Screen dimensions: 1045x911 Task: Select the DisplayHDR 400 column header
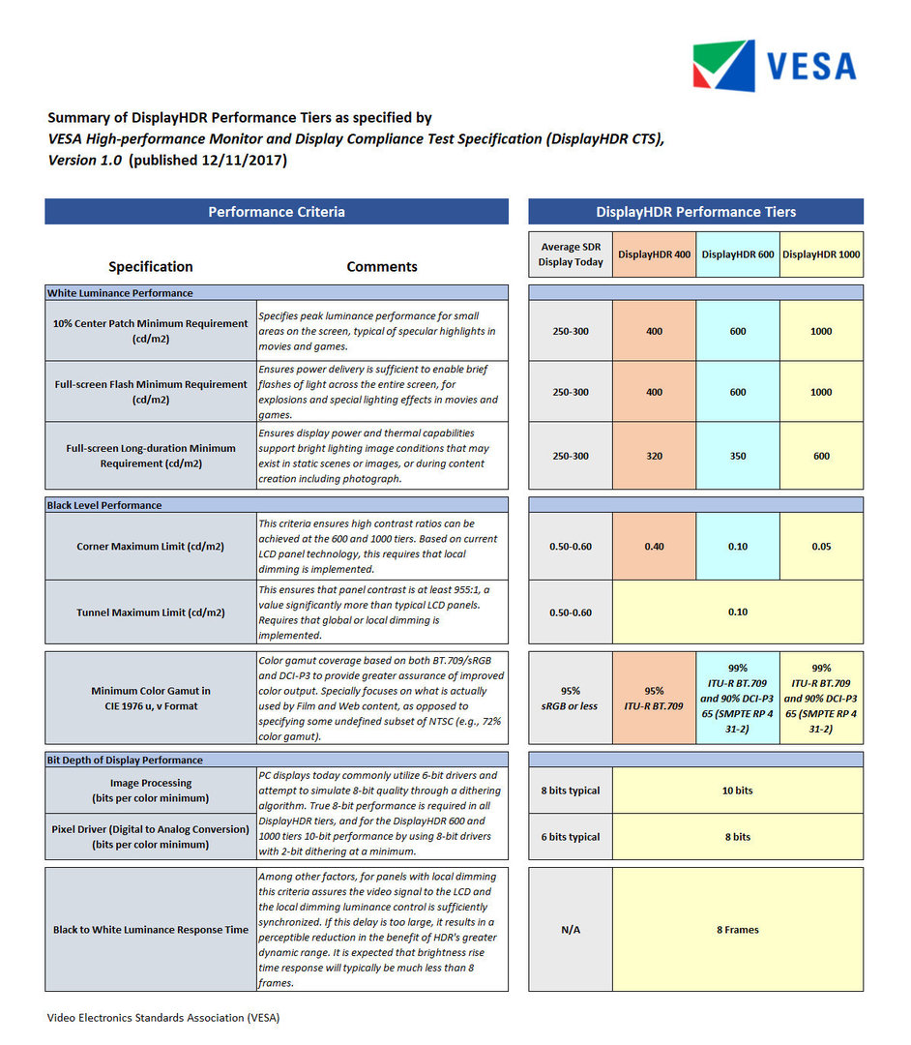click(654, 254)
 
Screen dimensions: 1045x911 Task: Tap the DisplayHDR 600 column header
click(738, 254)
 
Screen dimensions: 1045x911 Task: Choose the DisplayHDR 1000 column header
click(821, 254)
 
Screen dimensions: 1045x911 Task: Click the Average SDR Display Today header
click(571, 254)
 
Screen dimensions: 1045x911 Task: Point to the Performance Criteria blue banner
click(277, 212)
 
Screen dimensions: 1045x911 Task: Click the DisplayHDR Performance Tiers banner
click(695, 212)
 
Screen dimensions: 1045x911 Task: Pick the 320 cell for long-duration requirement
click(654, 456)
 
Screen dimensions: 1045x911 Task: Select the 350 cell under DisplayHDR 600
click(738, 456)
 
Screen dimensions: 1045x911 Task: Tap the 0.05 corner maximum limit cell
click(821, 547)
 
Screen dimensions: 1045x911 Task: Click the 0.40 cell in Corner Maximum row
click(654, 547)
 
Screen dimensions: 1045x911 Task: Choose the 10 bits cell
click(737, 791)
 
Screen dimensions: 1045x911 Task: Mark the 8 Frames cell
click(737, 930)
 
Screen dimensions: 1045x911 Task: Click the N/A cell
click(571, 930)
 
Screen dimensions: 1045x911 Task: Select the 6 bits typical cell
click(571, 837)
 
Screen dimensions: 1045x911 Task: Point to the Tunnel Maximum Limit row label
click(151, 612)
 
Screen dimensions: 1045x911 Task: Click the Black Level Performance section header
click(104, 505)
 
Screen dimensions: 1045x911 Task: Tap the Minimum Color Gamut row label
click(151, 698)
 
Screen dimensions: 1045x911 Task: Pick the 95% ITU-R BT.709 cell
click(654, 698)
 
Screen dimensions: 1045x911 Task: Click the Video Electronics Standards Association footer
click(163, 1017)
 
